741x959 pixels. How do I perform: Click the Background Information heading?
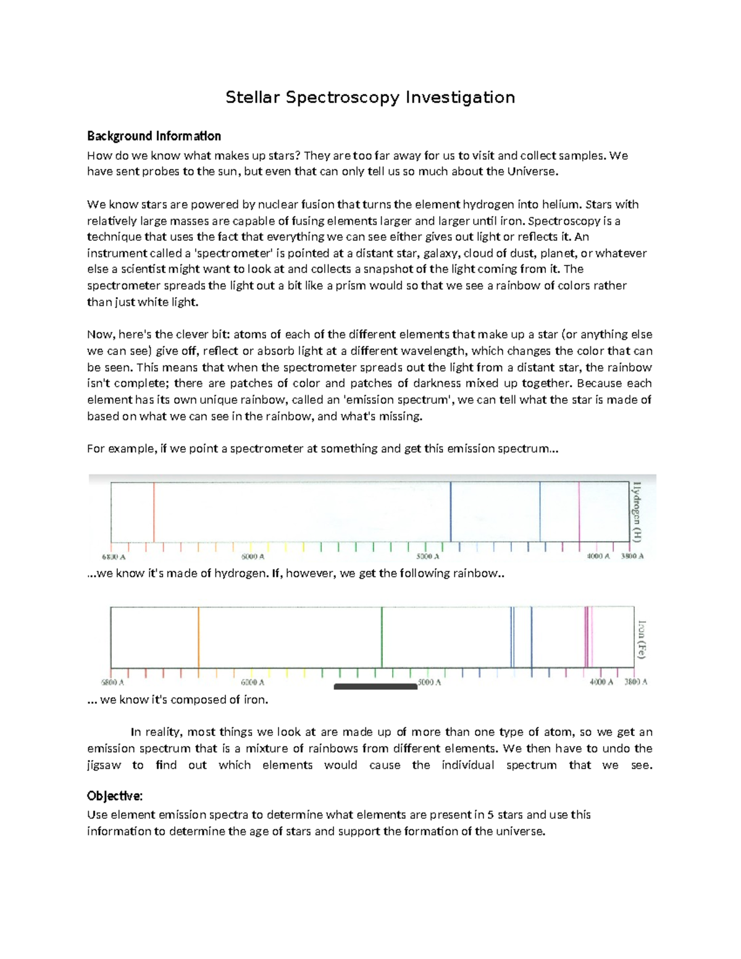tap(154, 136)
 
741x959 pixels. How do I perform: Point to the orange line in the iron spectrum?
tap(198, 637)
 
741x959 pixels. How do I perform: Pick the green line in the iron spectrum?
tap(382, 637)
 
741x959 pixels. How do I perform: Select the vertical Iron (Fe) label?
tap(642, 639)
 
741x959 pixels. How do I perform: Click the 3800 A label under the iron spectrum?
tap(635, 682)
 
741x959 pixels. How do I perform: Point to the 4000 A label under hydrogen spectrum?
tap(598, 556)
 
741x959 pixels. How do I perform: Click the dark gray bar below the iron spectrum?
tap(375, 686)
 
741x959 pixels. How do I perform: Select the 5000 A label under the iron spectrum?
tap(429, 682)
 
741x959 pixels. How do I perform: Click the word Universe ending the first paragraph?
tap(531, 172)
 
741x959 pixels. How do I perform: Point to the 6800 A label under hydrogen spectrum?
tap(114, 556)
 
